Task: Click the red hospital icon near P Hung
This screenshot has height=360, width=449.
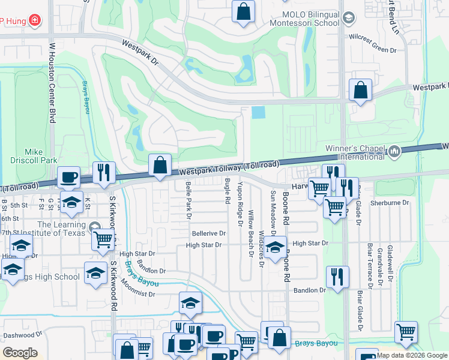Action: [x=35, y=20]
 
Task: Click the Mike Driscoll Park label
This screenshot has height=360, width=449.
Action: [x=34, y=156]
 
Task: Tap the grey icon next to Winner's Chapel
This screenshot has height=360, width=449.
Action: [x=394, y=151]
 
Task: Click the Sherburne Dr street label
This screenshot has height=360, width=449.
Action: [x=389, y=203]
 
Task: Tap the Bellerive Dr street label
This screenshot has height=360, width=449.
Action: [x=208, y=233]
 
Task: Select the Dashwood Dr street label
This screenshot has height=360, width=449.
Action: [x=23, y=335]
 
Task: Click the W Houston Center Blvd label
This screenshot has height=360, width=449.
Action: [x=52, y=82]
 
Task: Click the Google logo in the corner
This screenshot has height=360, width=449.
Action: [x=20, y=353]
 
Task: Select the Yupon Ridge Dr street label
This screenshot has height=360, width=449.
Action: [x=240, y=204]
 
